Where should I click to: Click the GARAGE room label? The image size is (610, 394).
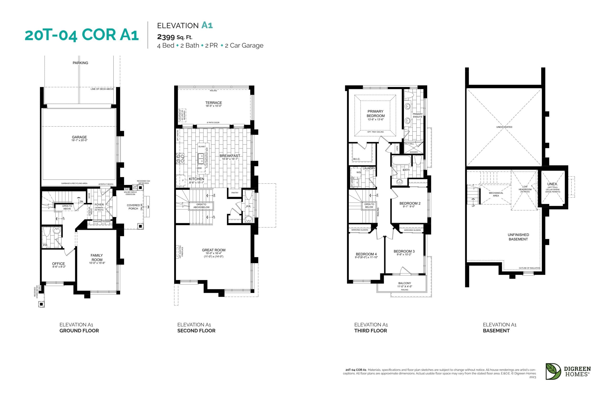coord(79,137)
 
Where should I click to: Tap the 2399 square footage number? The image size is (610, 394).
coord(166,37)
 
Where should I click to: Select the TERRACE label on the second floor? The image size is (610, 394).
coord(213,103)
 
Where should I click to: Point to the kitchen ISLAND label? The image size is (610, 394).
coord(201,147)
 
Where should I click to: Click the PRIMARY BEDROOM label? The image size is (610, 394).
coord(375,113)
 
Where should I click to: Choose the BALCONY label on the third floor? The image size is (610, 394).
coord(405,283)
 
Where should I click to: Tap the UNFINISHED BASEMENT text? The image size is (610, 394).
coord(518,237)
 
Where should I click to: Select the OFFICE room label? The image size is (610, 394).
coord(58,264)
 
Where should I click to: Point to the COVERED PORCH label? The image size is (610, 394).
coord(133,207)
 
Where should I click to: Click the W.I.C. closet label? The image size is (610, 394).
coord(357,159)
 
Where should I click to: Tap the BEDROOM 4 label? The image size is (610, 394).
coord(366,254)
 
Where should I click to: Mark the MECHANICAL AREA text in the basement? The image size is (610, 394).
coord(496,194)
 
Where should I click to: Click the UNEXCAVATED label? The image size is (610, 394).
coord(504,127)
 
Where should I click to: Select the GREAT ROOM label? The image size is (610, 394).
coord(213,250)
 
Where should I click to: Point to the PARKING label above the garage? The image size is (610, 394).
coord(80,63)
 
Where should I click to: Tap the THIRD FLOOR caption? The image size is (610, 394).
coord(371,330)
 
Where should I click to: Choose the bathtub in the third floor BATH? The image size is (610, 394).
coord(401,160)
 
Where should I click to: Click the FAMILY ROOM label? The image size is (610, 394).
coord(97,257)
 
